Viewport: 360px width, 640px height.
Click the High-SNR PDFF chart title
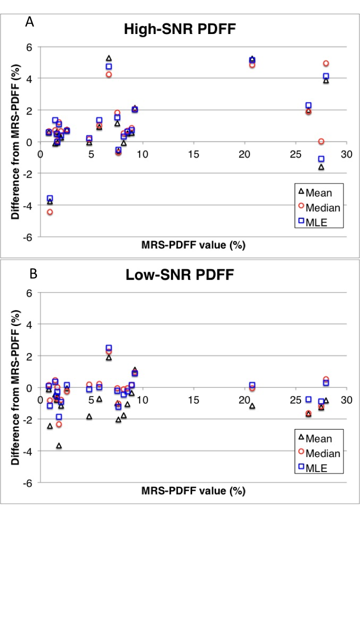coord(179,29)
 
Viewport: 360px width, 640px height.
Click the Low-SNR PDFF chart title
coord(180,274)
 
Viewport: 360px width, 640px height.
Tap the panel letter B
coord(33,273)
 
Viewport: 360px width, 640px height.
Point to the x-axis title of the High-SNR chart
coord(193,244)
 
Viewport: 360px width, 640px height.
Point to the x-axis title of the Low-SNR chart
coord(193,490)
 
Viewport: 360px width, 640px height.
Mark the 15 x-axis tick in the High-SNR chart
coord(193,154)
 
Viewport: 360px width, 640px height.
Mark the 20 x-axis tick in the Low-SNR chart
coord(244,400)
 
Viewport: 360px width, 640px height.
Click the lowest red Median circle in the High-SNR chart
coord(50,212)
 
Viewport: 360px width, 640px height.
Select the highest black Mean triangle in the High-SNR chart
coord(109,58)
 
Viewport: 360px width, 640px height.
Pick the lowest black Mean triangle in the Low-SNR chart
coord(59,445)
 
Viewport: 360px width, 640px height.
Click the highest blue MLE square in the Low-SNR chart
coord(109,348)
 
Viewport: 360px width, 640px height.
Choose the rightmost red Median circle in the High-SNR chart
coord(326,63)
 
